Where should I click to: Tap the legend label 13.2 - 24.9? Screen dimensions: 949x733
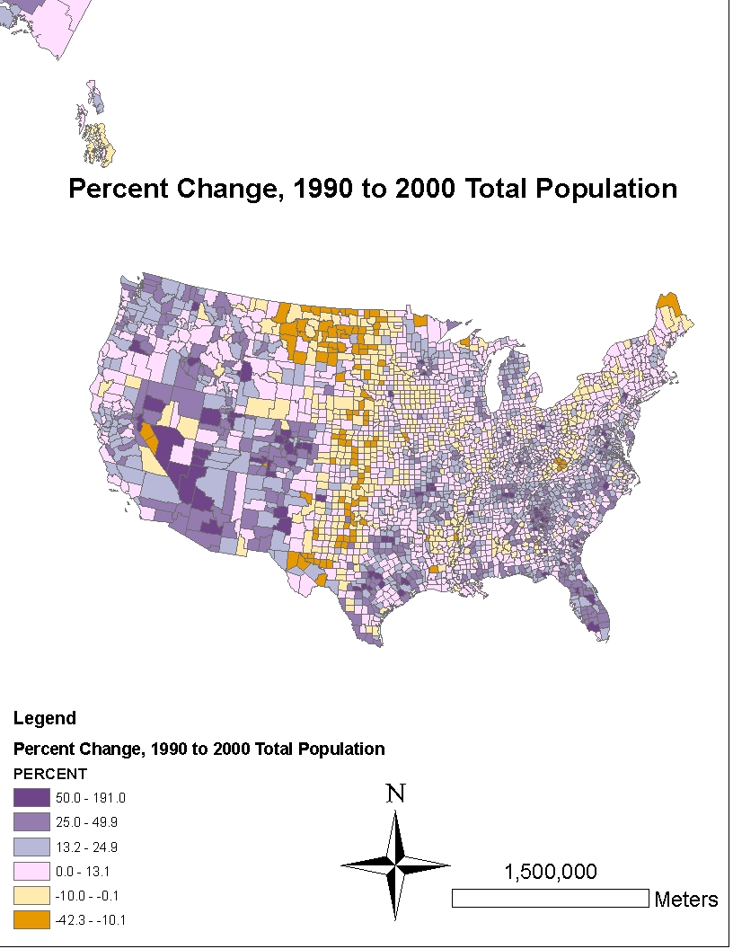pos(82,846)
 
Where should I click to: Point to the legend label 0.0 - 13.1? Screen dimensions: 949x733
pos(78,871)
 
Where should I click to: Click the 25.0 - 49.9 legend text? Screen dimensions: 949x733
pos(82,821)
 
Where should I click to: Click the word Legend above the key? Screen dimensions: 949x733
pos(45,718)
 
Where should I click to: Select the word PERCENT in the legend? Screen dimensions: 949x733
pos(49,774)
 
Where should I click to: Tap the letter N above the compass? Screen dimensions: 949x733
pos(395,794)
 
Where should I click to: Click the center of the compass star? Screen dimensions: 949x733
pos(395,865)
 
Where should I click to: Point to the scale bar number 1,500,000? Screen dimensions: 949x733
pos(550,872)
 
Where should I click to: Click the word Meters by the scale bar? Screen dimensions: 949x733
pos(686,899)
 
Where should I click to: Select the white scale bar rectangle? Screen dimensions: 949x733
pos(550,898)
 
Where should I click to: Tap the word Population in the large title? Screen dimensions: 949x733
pos(604,189)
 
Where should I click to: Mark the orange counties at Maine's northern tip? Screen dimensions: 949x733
pos(667,302)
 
